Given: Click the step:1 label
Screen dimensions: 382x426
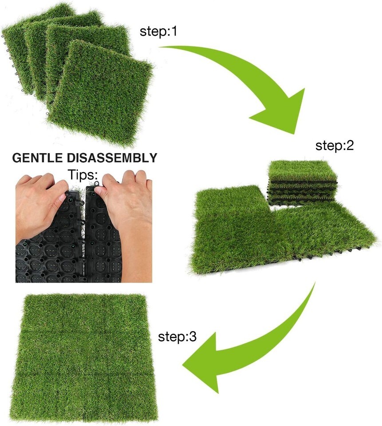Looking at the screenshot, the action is point(158,32).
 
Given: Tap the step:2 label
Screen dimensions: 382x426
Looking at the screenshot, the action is point(335,146).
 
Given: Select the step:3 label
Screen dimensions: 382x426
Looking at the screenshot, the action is point(177,337).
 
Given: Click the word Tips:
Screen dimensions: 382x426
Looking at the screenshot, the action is point(83,174).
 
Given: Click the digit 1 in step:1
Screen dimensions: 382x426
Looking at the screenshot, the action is point(174,31).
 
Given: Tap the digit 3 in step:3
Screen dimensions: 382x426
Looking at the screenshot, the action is point(193,337).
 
